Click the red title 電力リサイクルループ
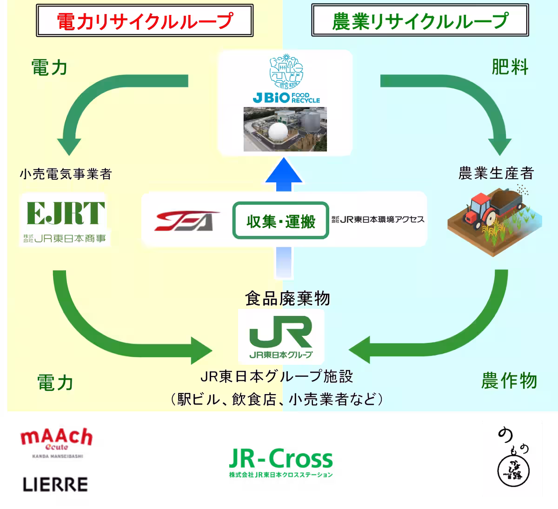click(145, 21)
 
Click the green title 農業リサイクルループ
click(420, 21)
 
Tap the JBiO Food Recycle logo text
click(286, 98)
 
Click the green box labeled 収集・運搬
click(280, 221)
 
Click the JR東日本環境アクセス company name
click(378, 219)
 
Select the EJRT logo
click(66, 213)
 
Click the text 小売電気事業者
click(66, 174)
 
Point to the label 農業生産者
click(496, 173)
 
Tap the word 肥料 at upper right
click(510, 68)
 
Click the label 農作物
click(509, 381)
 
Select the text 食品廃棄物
click(287, 299)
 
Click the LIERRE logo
click(55, 484)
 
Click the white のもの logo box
click(511, 458)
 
